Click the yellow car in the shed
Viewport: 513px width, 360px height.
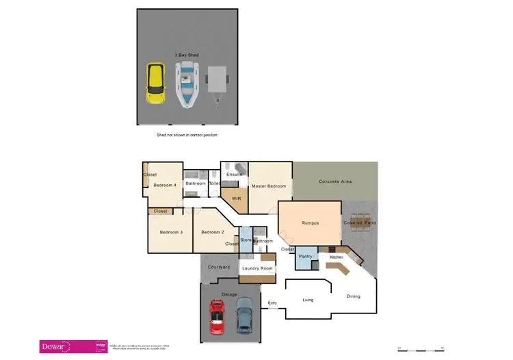coord(155,83)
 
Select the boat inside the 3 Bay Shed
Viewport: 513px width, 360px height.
coord(186,84)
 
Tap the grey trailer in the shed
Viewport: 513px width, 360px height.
coord(217,83)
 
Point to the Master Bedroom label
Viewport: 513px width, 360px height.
coord(268,186)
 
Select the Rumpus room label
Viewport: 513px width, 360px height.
coord(311,223)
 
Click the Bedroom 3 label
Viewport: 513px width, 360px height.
coord(171,232)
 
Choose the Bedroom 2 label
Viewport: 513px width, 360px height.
coord(212,232)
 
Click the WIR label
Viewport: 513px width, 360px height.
coord(237,198)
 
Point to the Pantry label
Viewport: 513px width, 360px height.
coord(306,257)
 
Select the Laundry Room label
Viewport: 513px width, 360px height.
coord(257,268)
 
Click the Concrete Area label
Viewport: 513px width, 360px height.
coord(335,181)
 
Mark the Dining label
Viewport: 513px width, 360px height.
coord(353,296)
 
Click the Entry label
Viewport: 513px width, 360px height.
coord(272,303)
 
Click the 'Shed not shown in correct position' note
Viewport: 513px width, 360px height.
coord(187,136)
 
